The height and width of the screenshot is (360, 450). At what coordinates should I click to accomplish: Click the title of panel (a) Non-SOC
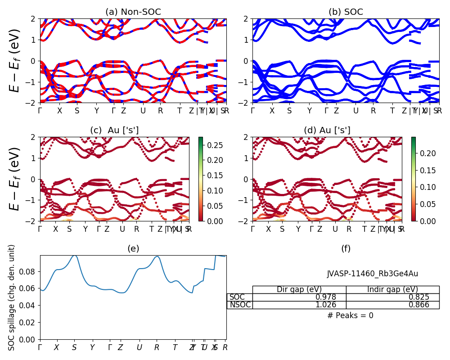point(133,12)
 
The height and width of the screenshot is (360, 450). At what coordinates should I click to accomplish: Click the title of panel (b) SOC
point(346,12)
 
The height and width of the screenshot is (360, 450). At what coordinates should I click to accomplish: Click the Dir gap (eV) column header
point(299,289)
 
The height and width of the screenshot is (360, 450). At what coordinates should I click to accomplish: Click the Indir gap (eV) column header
point(392,289)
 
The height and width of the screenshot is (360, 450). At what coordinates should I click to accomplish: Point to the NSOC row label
point(240,305)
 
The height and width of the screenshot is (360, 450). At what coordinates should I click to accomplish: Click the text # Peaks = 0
point(350,315)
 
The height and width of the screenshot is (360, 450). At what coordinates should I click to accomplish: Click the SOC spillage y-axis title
point(12,297)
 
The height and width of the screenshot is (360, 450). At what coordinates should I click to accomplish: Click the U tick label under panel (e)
point(139,347)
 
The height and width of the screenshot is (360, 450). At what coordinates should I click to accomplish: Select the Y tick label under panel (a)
point(96,111)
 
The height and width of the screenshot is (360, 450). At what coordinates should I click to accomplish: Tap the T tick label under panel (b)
point(392,111)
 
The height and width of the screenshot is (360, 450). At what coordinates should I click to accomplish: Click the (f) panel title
point(346,248)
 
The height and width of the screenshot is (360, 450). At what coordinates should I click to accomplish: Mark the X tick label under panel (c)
point(55,229)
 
